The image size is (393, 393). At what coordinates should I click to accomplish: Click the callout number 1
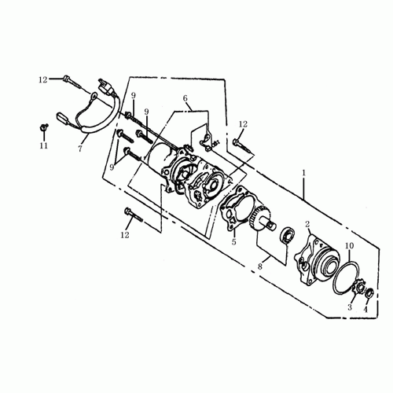(x=304, y=173)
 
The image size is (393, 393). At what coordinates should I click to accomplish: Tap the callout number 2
(x=307, y=224)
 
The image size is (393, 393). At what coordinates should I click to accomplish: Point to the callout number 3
(x=350, y=307)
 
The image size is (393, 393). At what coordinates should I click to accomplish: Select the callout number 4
(x=365, y=310)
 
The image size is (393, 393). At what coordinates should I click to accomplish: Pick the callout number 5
(x=233, y=241)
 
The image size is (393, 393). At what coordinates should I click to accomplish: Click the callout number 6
(x=185, y=98)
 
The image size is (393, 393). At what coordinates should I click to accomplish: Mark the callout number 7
(x=80, y=149)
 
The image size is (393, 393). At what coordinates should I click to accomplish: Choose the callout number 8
(x=259, y=266)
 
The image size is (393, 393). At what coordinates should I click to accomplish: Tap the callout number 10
(x=350, y=246)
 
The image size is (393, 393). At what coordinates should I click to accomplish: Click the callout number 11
(x=43, y=145)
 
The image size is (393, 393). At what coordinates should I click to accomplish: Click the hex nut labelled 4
(x=369, y=293)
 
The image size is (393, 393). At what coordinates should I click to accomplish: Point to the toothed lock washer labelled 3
(x=358, y=288)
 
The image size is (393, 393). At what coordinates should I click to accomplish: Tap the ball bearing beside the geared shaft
(x=288, y=235)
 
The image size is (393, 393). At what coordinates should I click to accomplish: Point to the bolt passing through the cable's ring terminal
(x=73, y=83)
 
